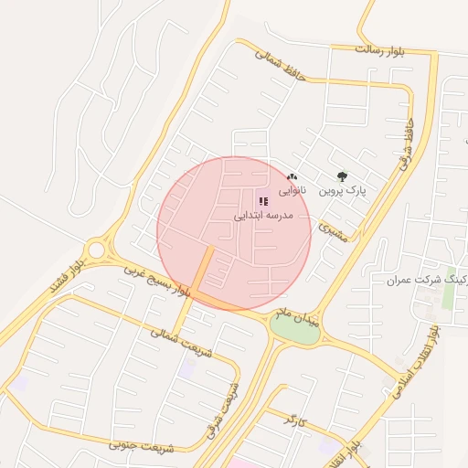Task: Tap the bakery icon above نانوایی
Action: [292, 176]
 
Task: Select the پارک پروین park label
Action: [342, 191]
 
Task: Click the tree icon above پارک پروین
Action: [343, 176]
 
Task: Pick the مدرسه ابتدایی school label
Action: [263, 216]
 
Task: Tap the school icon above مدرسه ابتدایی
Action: [263, 201]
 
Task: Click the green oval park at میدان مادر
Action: [295, 330]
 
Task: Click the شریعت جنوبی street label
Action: [141, 445]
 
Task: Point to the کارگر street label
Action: [292, 420]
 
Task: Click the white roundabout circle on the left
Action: [96, 250]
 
